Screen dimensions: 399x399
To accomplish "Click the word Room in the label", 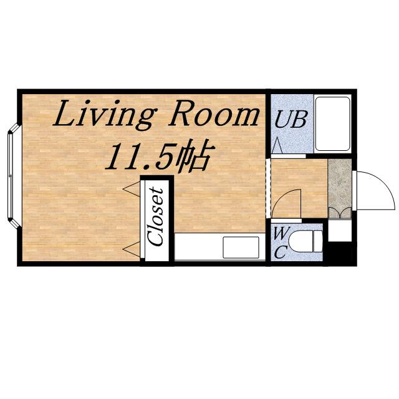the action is pyautogui.click(x=213, y=113).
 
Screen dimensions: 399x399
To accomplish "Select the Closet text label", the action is pyautogui.click(x=156, y=216).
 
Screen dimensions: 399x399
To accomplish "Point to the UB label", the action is pyautogui.click(x=291, y=119).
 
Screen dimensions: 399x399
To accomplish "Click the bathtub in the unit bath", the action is pyautogui.click(x=332, y=123).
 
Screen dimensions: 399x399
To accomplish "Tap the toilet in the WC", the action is pyautogui.click(x=305, y=241).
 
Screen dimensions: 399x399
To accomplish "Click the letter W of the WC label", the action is pyautogui.click(x=281, y=233).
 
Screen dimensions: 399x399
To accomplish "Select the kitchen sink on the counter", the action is pyautogui.click(x=241, y=248).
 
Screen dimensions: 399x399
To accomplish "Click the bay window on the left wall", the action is pyautogui.click(x=13, y=176).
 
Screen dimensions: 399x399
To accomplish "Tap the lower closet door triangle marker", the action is pyautogui.click(x=132, y=249).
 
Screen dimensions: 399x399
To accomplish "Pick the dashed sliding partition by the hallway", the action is pyautogui.click(x=267, y=188).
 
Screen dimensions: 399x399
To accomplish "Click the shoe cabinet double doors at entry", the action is pyautogui.click(x=340, y=213).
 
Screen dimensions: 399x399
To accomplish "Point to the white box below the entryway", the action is pyautogui.click(x=340, y=230).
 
